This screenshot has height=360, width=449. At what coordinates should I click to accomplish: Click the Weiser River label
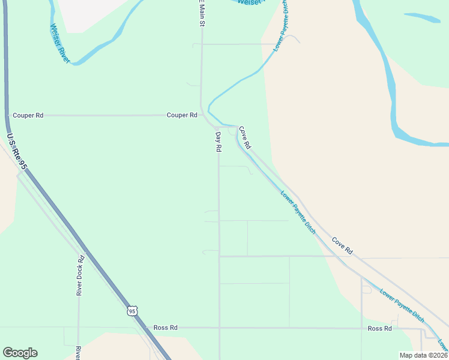[61, 44]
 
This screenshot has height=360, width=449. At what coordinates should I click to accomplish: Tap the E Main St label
[202, 13]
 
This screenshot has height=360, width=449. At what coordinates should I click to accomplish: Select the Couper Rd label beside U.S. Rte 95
[28, 115]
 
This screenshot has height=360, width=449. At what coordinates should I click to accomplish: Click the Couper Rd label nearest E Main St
[182, 115]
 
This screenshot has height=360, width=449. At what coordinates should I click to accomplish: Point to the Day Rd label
[218, 142]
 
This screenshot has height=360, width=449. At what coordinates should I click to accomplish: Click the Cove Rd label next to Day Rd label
[244, 137]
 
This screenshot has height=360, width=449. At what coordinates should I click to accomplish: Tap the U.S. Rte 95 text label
[17, 152]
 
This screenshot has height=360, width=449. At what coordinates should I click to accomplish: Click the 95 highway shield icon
[133, 311]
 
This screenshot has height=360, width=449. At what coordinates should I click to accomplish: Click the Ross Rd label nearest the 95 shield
[165, 328]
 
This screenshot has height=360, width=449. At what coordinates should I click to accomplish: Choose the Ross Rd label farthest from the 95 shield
[379, 328]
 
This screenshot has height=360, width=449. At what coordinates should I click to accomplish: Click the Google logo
[20, 353]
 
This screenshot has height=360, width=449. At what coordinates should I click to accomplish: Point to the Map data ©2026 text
[423, 355]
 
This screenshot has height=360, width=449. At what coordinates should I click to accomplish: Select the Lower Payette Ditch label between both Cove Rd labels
[298, 212]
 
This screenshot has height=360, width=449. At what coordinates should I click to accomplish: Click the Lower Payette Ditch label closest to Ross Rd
[402, 305]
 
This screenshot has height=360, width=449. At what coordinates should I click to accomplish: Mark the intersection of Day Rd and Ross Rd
[220, 328]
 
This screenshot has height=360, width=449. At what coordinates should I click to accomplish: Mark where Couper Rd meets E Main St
[202, 115]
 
